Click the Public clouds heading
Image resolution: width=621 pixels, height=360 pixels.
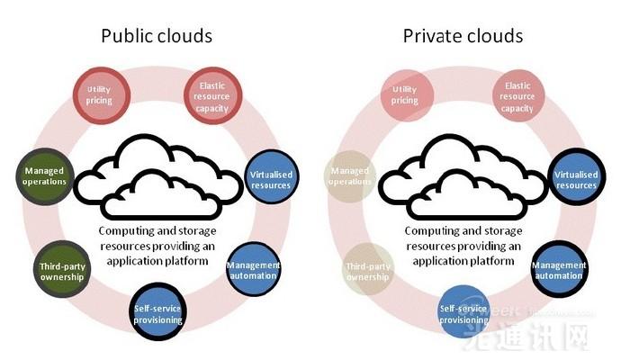157,37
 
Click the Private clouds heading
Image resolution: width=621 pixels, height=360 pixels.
463,37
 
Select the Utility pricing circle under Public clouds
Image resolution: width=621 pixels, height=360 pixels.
99,94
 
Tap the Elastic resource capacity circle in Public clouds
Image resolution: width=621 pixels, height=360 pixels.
213,94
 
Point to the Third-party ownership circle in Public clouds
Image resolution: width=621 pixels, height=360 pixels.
61,270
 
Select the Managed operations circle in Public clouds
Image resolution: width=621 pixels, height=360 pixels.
45,175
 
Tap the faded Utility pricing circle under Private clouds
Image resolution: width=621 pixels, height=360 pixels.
405,94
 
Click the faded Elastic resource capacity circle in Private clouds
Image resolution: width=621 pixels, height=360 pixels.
518,94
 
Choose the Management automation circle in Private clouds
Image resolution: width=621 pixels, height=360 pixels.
559,270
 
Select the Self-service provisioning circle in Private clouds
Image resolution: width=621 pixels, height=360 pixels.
463,312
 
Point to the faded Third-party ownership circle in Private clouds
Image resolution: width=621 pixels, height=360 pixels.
367,270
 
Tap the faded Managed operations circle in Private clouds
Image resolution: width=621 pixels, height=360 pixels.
351,175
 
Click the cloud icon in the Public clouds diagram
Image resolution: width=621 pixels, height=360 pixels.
157,175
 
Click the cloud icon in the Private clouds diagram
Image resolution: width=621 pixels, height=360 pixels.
462,175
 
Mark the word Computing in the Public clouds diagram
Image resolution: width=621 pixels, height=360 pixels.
128,230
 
